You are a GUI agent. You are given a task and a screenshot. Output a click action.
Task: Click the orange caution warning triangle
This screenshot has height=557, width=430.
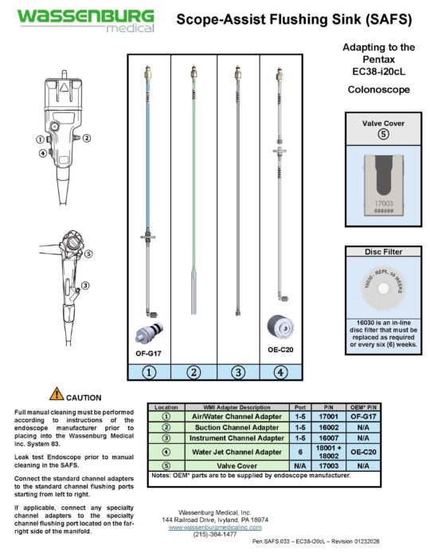[x=57, y=393]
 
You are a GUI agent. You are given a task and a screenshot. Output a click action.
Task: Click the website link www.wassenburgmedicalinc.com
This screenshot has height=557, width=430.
[x=217, y=528]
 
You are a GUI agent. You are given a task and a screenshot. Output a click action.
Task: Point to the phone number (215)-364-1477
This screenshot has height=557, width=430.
[x=217, y=535]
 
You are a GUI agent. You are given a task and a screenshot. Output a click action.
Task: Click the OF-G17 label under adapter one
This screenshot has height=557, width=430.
[x=148, y=351]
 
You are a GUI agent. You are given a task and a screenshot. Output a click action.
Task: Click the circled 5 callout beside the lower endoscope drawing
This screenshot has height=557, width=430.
[x=89, y=254]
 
